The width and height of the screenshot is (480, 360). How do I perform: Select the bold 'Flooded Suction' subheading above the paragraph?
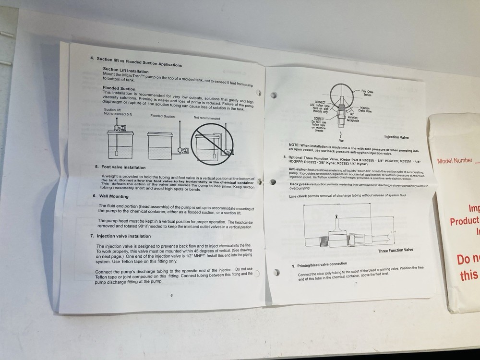(x=119, y=88)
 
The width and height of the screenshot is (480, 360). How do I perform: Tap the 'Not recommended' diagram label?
(x=207, y=118)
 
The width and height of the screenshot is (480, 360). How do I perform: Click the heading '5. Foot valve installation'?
(x=120, y=167)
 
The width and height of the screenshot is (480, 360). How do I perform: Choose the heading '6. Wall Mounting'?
(x=110, y=196)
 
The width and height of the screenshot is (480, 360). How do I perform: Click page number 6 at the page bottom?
(x=171, y=295)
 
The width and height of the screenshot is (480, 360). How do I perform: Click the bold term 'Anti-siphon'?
(x=299, y=169)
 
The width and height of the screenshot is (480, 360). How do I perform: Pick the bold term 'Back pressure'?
(x=301, y=184)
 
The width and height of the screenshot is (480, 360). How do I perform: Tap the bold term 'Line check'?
(x=299, y=196)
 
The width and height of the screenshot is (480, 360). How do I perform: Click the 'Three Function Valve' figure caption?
(x=395, y=250)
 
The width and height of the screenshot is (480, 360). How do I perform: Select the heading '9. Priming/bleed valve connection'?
(x=320, y=265)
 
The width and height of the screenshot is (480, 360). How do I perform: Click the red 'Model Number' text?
(x=455, y=161)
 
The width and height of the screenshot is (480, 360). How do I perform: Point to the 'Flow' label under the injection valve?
(x=341, y=140)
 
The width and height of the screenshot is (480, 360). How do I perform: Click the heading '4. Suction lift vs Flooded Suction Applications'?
(x=136, y=61)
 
